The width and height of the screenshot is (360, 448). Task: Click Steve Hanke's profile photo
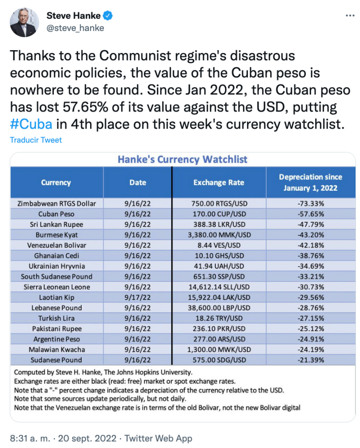coord(22,22)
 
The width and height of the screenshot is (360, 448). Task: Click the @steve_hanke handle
coord(75,28)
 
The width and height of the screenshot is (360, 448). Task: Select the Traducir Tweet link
coord(36,140)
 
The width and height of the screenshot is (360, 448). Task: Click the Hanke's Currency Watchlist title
coord(182,159)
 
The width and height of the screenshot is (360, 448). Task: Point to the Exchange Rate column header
coord(219,182)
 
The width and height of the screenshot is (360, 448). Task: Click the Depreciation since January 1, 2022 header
coord(310,182)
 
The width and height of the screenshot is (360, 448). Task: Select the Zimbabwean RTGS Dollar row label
coord(56,203)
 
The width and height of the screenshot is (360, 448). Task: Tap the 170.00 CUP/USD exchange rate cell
coord(219,214)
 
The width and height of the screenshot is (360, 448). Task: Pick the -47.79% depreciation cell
coord(310,224)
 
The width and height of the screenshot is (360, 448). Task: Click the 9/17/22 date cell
coord(138,297)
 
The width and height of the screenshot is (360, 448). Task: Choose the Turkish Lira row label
coord(56,318)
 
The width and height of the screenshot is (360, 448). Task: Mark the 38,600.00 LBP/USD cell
coord(219,308)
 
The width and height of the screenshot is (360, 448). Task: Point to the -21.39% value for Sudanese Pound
coord(310,360)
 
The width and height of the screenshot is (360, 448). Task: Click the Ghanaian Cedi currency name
coord(56,256)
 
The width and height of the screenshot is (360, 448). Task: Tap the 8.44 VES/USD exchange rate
coord(219,245)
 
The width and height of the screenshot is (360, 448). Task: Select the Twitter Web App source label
coord(158,438)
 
